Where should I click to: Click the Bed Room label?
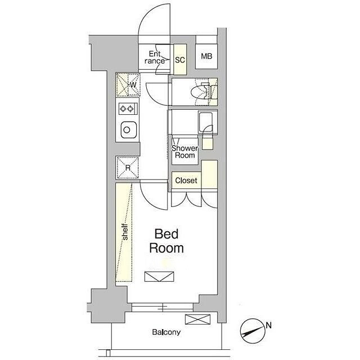pos(166,241)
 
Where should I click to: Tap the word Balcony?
pos(166,332)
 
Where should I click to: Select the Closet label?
pos(186,181)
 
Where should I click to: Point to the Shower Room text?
pos(185,152)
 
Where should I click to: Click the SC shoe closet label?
pos(180,60)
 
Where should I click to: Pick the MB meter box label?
pos(206,56)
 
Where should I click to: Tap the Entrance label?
pos(155,57)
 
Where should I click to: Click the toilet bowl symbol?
pos(200,91)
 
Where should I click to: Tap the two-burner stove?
pos(128,109)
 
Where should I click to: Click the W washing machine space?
pos(128,85)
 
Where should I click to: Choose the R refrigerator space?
pos(128,168)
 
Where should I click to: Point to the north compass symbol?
pos(253,331)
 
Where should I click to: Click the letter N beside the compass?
pos(269,325)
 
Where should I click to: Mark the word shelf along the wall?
pos(125,231)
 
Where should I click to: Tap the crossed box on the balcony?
pos(197,319)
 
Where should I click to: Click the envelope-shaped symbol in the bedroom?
pos(159,277)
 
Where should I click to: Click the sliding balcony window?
pos(163,307)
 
